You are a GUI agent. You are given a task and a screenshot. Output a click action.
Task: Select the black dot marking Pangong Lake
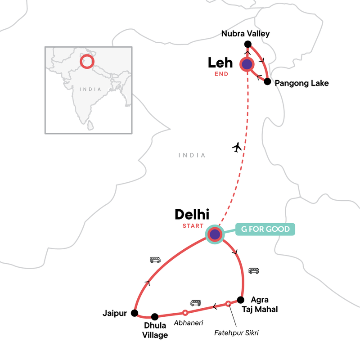pyautogui.click(x=267, y=82)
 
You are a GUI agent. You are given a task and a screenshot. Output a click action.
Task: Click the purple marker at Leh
pyautogui.click(x=247, y=65)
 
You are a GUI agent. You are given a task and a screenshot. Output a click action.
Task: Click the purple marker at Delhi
pyautogui.click(x=215, y=234)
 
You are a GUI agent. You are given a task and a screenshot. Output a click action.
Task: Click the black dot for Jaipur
pyautogui.click(x=134, y=313)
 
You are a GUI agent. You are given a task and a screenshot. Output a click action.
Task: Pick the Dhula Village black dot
pyautogui.click(x=155, y=316)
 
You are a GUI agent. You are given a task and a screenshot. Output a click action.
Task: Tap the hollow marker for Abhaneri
pyautogui.click(x=184, y=312)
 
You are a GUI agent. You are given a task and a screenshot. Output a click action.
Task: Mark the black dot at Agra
pyautogui.click(x=241, y=300)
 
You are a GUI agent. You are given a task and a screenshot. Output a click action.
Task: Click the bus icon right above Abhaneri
pyautogui.click(x=196, y=303)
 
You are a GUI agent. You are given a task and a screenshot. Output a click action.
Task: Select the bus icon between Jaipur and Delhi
pyautogui.click(x=155, y=260)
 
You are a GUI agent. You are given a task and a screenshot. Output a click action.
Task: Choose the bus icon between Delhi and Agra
pyautogui.click(x=254, y=270)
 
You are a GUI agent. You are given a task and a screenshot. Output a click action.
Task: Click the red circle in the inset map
pyautogui.click(x=87, y=61)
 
